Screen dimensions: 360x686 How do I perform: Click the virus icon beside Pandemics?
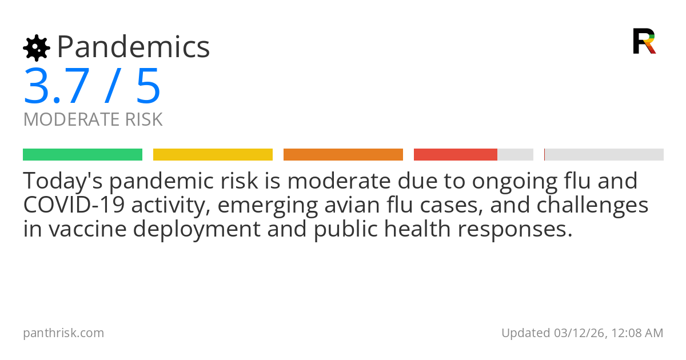(36, 48)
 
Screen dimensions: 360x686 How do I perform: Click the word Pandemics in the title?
(133, 47)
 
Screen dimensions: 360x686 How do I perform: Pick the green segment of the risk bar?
(82, 155)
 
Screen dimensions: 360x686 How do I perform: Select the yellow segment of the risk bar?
(213, 155)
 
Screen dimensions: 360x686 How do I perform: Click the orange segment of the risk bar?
(343, 155)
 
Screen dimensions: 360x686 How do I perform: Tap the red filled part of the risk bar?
(455, 155)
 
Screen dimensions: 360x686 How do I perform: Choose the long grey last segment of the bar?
(604, 155)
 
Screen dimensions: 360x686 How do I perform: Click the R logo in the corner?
(644, 41)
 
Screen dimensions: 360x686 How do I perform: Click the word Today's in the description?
(62, 181)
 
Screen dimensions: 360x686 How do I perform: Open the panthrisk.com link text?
(63, 333)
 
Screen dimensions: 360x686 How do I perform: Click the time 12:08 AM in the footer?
(636, 333)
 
